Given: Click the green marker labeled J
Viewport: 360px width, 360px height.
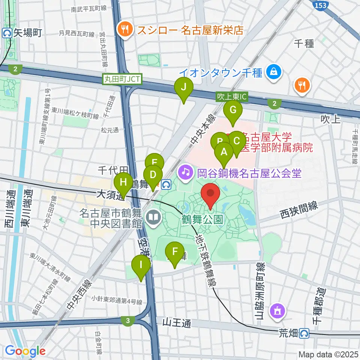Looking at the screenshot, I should pyautogui.click(x=184, y=87).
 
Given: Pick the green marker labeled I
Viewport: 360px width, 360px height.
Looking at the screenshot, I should pyautogui.click(x=141, y=265).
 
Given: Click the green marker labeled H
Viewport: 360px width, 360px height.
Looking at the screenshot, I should pyautogui.click(x=123, y=183).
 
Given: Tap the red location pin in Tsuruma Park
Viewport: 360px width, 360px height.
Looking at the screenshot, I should pyautogui.click(x=210, y=194).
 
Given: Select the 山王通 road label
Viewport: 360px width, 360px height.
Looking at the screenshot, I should pyautogui.click(x=177, y=322).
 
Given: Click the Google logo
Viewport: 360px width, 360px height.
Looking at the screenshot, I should pyautogui.click(x=25, y=351).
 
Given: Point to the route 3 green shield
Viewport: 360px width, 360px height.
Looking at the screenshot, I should pyautogui.click(x=128, y=321).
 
